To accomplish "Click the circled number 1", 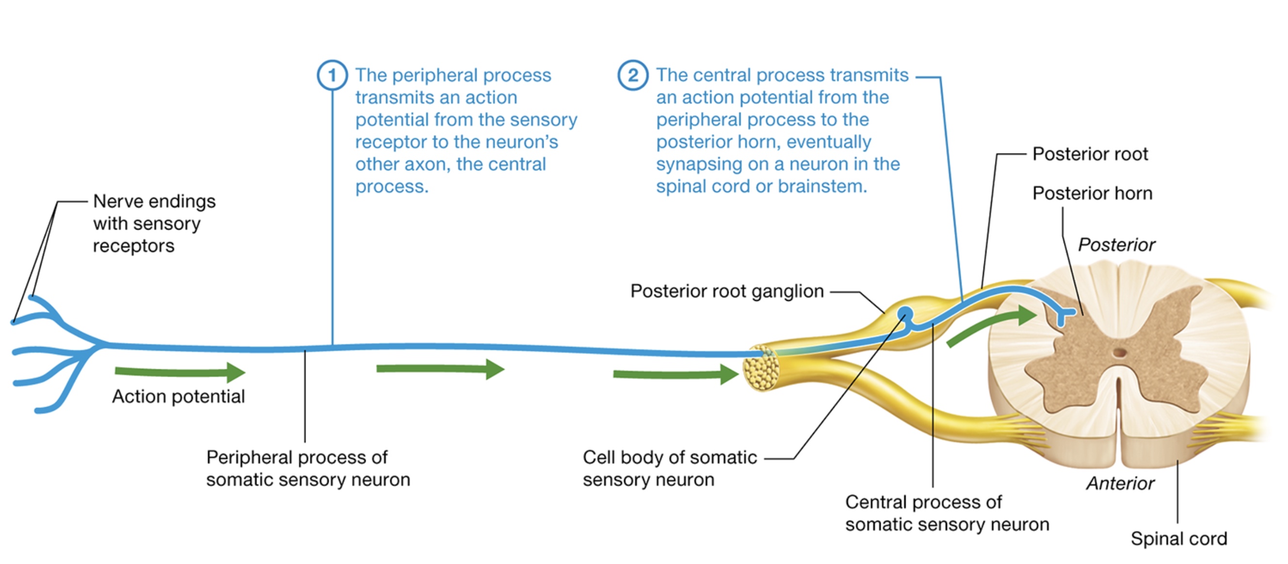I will tap(332, 76).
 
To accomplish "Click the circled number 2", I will tap(632, 76).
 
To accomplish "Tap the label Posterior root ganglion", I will tap(726, 291).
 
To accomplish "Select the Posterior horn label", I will tap(1092, 193).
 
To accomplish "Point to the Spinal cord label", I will tap(1178, 538).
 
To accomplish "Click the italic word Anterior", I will tap(1120, 483).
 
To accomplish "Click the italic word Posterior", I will tap(1116, 245).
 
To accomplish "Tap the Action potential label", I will tap(178, 396).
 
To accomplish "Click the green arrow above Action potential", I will tap(180, 372).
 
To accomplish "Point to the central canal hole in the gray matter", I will tap(1120, 353).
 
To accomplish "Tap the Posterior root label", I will tap(1090, 154).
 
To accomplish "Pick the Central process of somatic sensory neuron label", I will tap(947, 513).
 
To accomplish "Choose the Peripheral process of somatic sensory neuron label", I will tap(307, 468).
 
